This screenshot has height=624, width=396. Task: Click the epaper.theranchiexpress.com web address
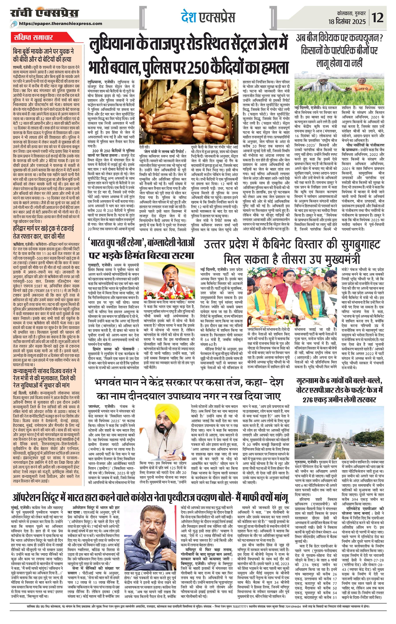(x=60, y=23)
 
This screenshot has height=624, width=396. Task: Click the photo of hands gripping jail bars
(x=190, y=113)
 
